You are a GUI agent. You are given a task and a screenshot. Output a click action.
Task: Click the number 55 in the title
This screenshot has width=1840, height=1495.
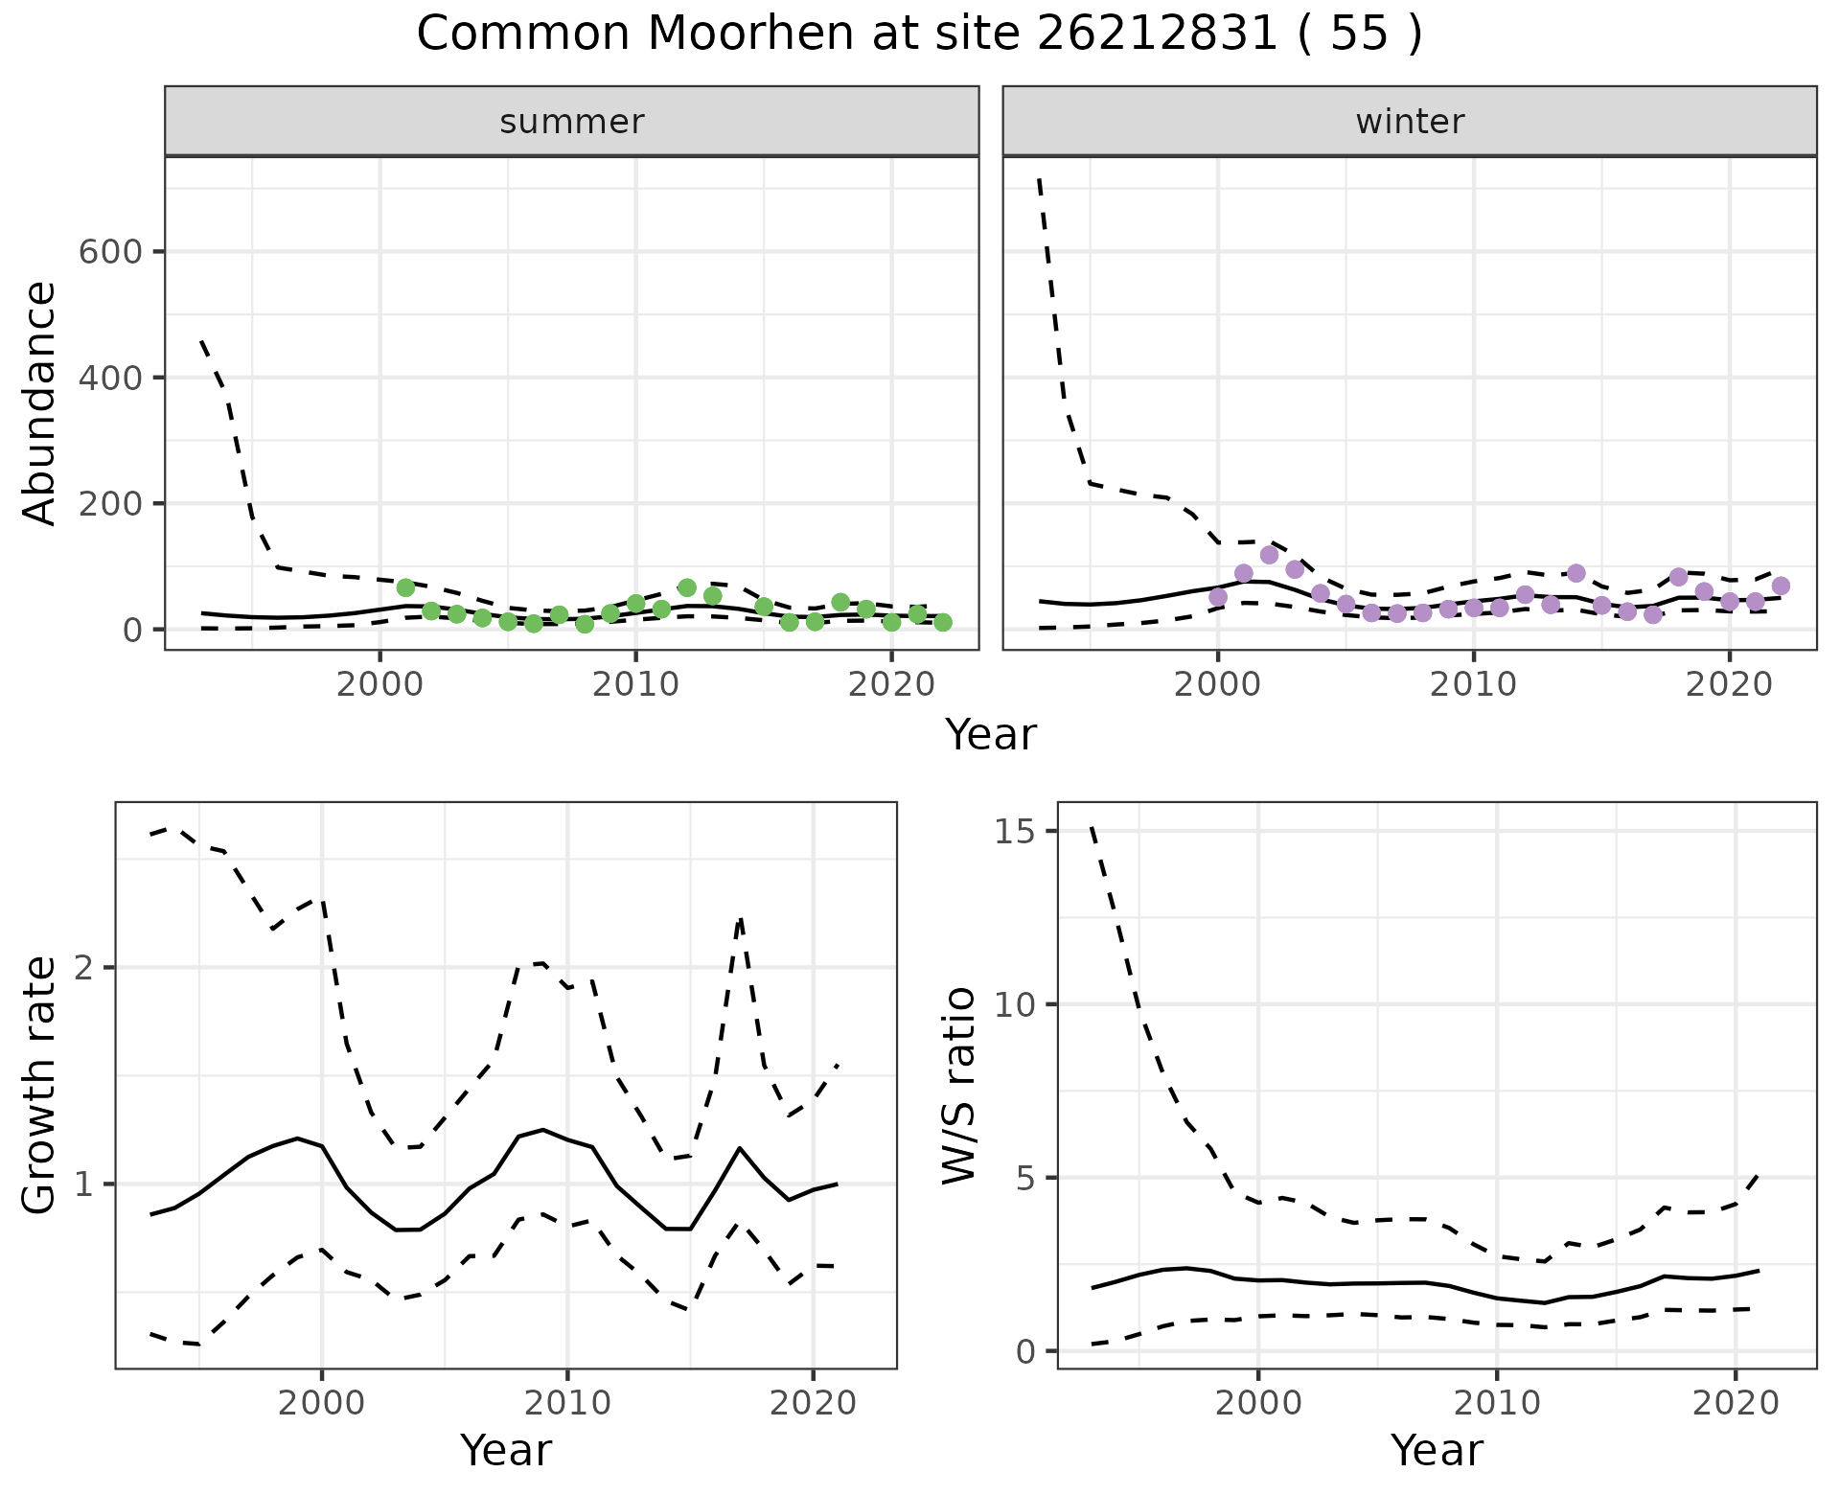(x=1359, y=34)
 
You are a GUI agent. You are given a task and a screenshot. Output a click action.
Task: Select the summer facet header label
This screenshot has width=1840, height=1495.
(x=572, y=122)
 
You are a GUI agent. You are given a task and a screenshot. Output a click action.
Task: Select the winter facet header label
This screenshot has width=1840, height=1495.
(x=1410, y=122)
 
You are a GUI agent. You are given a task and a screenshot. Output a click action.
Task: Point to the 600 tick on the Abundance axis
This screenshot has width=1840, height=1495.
(x=110, y=252)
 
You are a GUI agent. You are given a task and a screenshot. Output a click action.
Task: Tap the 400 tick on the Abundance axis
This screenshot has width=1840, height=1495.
(x=110, y=378)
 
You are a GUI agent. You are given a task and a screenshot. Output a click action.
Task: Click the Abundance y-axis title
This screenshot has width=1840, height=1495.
(x=40, y=403)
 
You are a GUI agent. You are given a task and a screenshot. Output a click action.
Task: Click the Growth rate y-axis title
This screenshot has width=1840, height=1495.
(x=40, y=1086)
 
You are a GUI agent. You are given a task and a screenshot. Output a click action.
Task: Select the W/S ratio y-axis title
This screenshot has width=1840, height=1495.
(x=958, y=1086)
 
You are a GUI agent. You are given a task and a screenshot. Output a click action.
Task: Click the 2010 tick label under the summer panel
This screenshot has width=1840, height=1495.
(x=635, y=685)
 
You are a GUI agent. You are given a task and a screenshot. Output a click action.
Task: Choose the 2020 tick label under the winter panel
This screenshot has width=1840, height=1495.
(x=1729, y=685)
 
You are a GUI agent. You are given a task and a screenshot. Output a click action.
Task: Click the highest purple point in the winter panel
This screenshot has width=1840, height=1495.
(x=1269, y=555)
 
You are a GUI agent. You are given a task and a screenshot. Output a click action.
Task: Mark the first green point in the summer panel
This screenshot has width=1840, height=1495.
(x=405, y=587)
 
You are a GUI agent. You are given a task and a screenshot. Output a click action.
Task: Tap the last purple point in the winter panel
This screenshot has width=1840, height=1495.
(x=1781, y=586)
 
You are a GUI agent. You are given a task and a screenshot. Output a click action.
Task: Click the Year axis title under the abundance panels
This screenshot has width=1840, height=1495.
(x=991, y=735)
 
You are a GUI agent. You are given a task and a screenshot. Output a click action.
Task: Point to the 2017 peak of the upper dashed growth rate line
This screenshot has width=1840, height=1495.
(x=740, y=919)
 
